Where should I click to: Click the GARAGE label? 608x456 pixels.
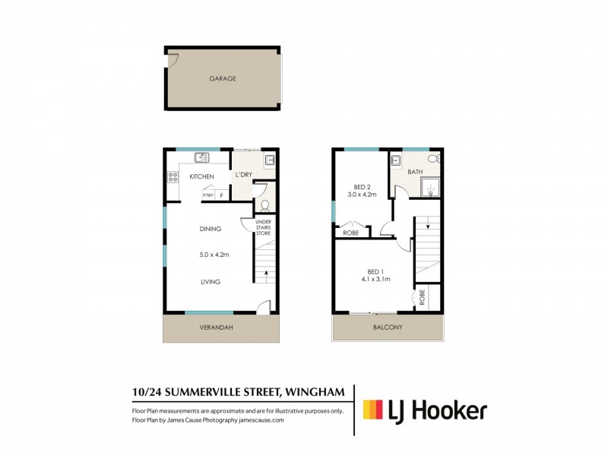(223, 78)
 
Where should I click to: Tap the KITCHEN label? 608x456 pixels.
(201, 176)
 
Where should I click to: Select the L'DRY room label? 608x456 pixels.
(243, 176)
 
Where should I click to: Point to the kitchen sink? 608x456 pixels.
(201, 158)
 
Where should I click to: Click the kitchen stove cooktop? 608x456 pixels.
(173, 178)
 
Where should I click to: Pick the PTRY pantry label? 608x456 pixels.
(207, 196)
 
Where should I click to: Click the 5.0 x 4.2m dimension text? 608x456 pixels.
(214, 255)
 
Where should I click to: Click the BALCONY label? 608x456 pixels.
(388, 328)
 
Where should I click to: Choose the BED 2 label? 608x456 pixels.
(363, 186)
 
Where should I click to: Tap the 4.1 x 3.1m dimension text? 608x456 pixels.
(378, 279)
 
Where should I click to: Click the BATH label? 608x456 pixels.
(415, 173)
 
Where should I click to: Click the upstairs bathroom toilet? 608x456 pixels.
(432, 160)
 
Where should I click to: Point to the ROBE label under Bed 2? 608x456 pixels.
(351, 233)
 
